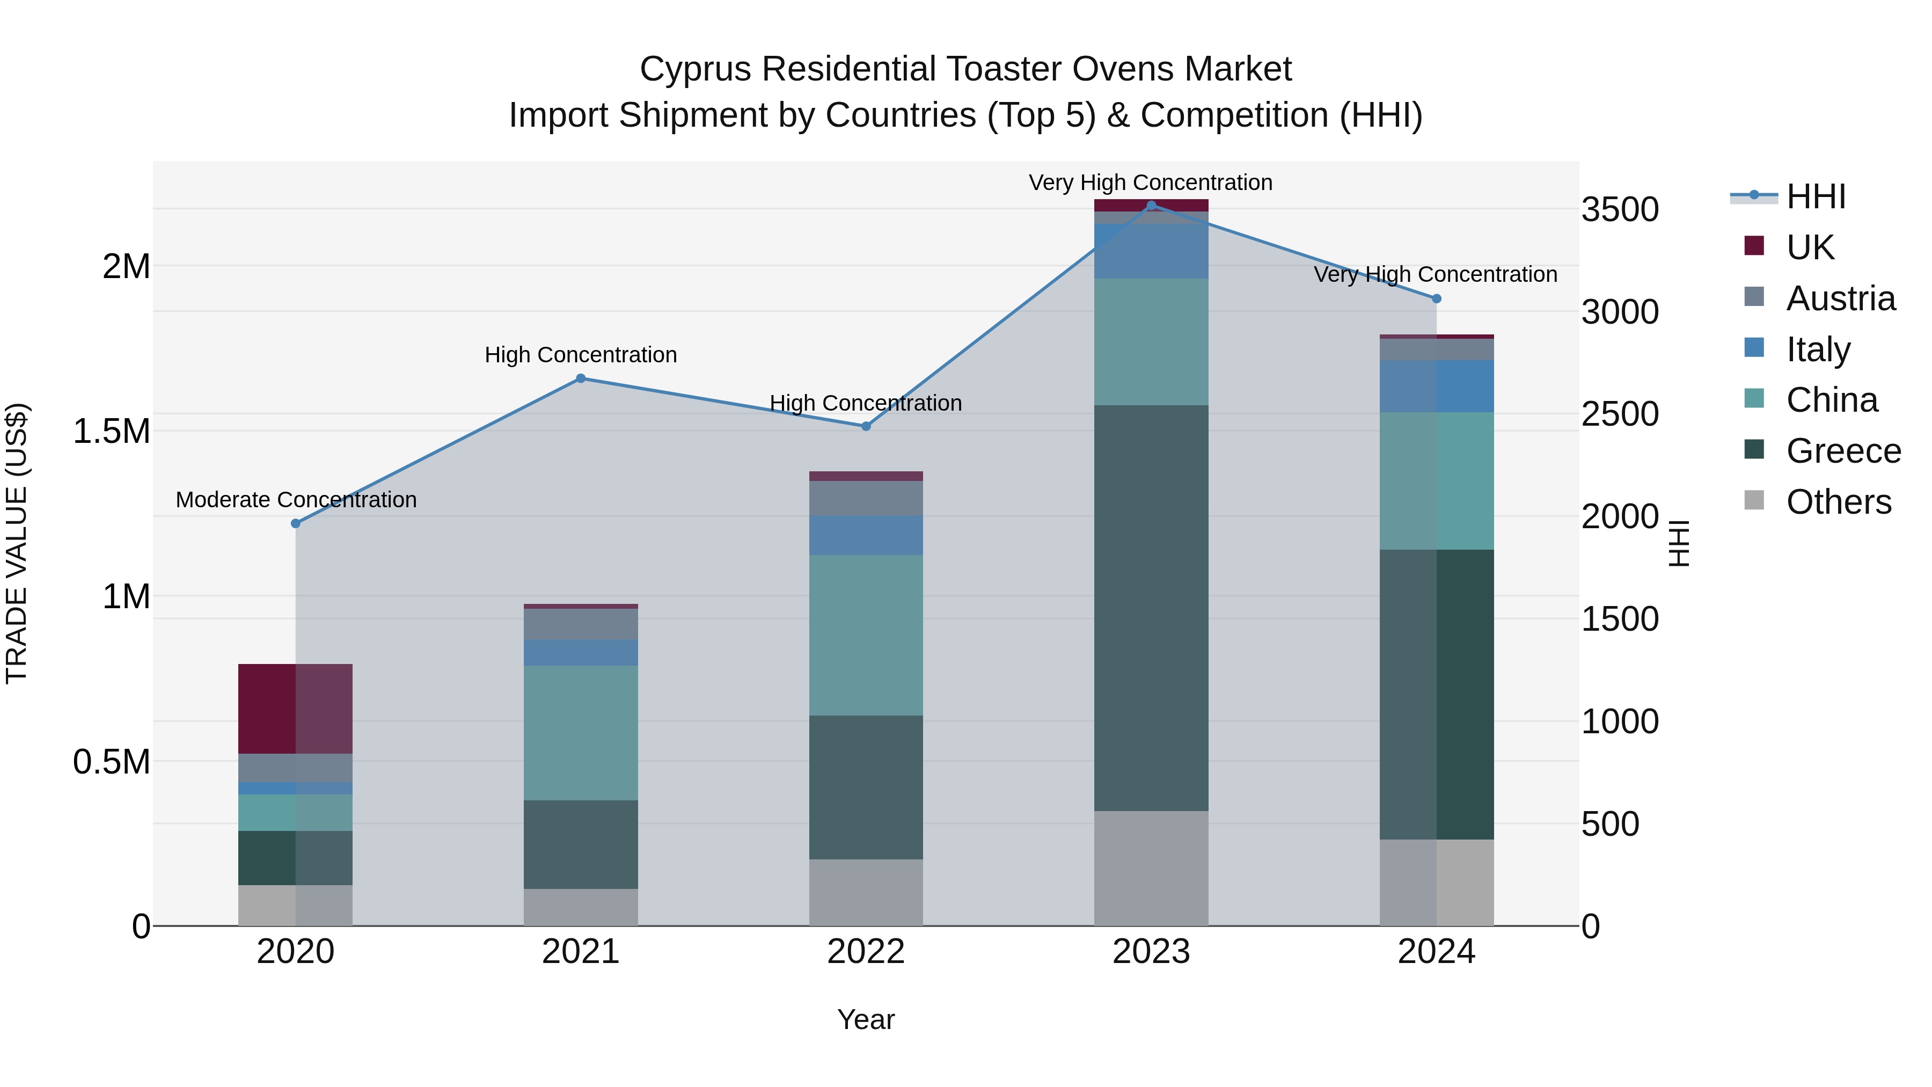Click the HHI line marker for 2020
(x=296, y=523)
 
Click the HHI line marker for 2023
(x=1151, y=206)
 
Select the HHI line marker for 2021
(x=581, y=379)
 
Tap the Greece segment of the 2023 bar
(x=1151, y=608)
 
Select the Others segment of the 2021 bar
(x=581, y=907)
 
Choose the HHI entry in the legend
(x=1815, y=196)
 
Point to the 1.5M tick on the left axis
(x=112, y=432)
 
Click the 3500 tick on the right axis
(x=1620, y=209)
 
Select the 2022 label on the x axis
(x=866, y=952)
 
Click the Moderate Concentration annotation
(x=296, y=500)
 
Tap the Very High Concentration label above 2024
(x=1435, y=274)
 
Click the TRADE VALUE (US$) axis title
(x=17, y=543)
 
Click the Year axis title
(x=866, y=1019)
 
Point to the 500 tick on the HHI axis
(x=1620, y=825)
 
